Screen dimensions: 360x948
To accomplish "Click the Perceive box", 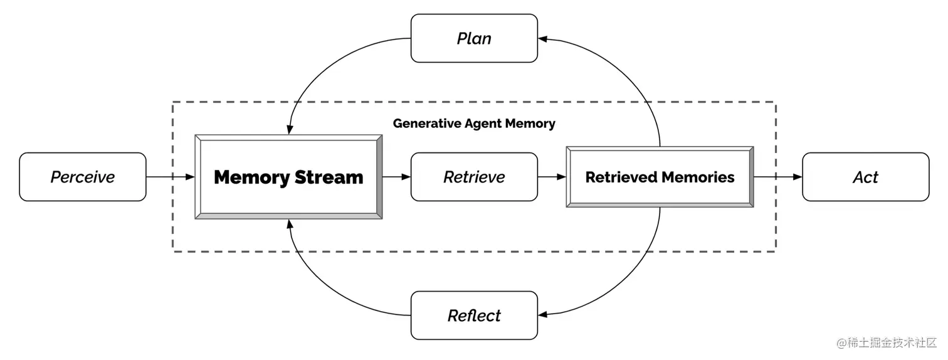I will point(83,177).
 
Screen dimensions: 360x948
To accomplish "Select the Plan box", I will point(474,38).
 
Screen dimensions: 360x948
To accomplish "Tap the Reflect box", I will point(474,315).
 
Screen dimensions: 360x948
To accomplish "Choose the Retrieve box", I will point(474,177).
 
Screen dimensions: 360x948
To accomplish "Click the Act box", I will point(865,177).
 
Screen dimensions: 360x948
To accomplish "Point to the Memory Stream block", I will point(288,177).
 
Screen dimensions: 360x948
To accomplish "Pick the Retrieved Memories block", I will point(660,177).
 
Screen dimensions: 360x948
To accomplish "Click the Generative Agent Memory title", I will point(474,124).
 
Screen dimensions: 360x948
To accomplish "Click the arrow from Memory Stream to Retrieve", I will point(396,177).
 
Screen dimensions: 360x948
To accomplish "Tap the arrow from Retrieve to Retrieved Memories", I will point(552,177).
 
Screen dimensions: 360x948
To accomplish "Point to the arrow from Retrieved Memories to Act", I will point(777,177).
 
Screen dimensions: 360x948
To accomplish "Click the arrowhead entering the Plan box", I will point(543,39).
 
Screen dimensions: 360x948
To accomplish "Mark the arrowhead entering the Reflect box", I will point(543,315).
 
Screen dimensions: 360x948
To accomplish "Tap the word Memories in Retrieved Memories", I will point(697,177).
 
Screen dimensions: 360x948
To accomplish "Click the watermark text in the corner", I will point(885,344).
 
